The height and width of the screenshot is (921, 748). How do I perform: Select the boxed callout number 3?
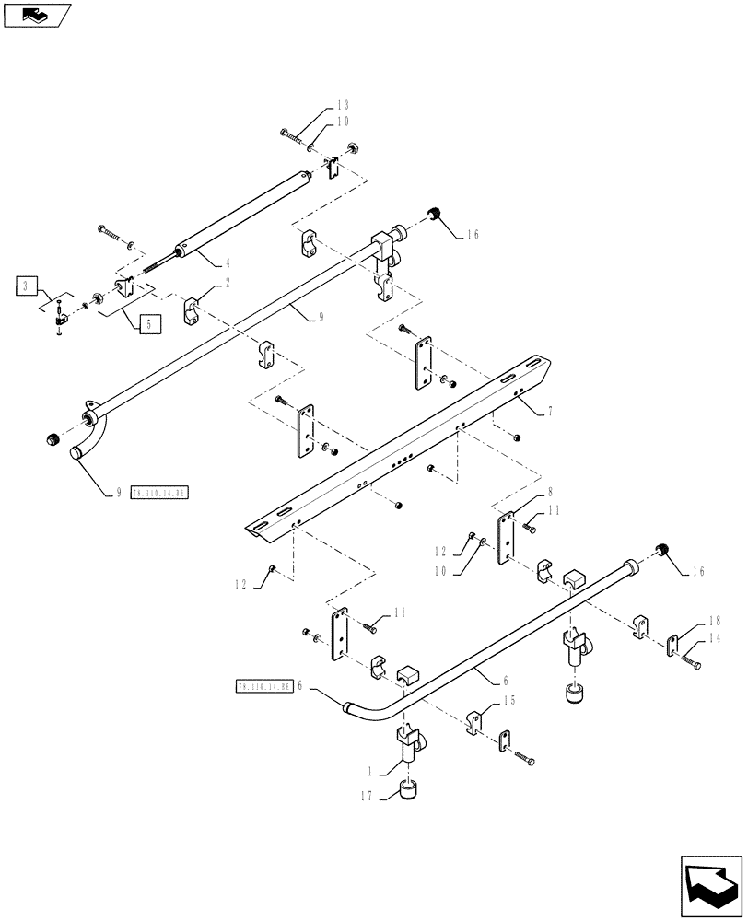(27, 286)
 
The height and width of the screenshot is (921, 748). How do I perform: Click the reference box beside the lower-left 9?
(159, 493)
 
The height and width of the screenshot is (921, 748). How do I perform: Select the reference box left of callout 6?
(263, 686)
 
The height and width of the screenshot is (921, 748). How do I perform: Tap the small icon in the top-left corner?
(37, 14)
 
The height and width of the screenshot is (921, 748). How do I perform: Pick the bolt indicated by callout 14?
(692, 660)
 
